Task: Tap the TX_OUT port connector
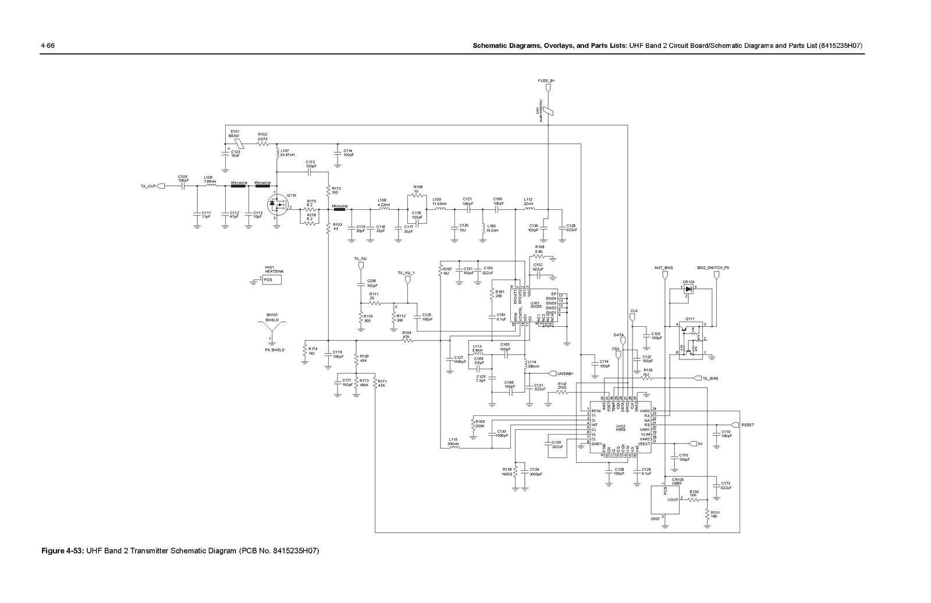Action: [x=161, y=186]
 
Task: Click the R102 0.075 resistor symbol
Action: [x=263, y=143]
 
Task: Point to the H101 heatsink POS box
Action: [x=271, y=280]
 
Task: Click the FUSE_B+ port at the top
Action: [x=547, y=88]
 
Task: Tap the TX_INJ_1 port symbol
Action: [x=407, y=280]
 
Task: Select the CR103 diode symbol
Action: [x=689, y=289]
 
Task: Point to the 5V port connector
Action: [x=692, y=443]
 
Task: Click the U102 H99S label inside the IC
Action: [x=620, y=428]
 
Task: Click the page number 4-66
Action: [x=47, y=46]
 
